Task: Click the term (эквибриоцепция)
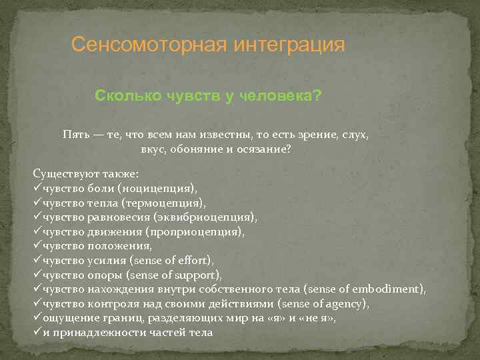pos(205,217)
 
